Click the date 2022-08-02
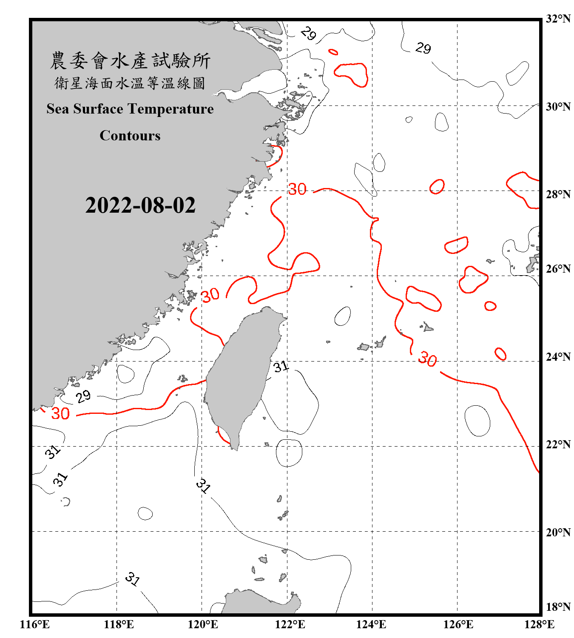tap(140, 205)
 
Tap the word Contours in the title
tap(130, 136)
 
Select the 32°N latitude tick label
tap(558, 19)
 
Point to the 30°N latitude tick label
tap(558, 106)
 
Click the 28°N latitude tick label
tap(558, 194)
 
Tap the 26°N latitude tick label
tap(558, 269)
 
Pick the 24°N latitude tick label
tap(558, 356)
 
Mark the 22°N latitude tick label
tap(558, 444)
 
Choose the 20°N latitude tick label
tap(558, 532)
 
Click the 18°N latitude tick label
tap(558, 607)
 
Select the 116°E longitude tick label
tap(34, 624)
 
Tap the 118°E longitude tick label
tap(119, 624)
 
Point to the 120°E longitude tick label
tap(203, 624)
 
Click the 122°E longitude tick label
tap(290, 624)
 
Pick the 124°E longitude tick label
tap(371, 624)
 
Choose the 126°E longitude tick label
tap(458, 624)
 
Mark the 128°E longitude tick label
tap(539, 624)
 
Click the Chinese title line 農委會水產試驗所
tap(130, 61)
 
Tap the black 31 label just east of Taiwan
tap(281, 366)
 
